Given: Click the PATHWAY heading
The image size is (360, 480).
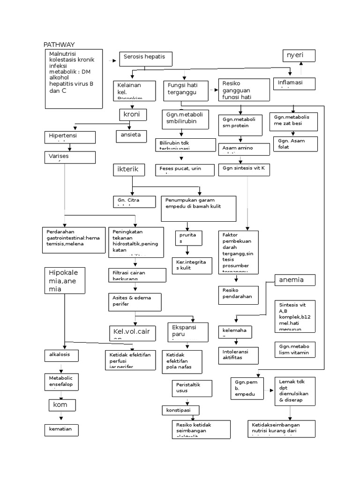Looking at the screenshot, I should (x=59, y=45).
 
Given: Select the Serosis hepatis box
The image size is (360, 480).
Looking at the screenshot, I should (x=145, y=59).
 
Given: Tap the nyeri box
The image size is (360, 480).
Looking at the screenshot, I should (x=298, y=56).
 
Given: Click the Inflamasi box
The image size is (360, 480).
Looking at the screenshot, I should (x=294, y=83).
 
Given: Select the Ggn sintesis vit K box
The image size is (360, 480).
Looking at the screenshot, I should (x=244, y=170).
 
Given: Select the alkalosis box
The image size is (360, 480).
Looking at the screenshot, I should (x=61, y=355).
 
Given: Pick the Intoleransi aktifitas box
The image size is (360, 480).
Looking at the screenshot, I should (x=238, y=356).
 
